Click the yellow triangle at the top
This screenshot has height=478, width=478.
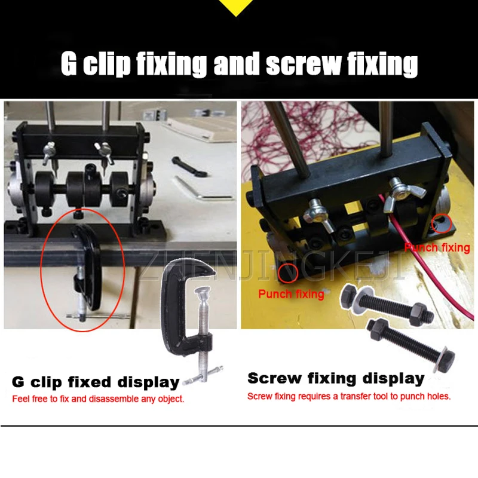238,7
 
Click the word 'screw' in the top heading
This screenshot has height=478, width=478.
302,65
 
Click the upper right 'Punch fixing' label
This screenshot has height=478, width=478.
437,247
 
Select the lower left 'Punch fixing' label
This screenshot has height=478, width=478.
291,293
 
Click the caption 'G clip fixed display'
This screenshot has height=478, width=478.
96,382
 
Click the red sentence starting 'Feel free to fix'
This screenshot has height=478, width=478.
98,399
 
